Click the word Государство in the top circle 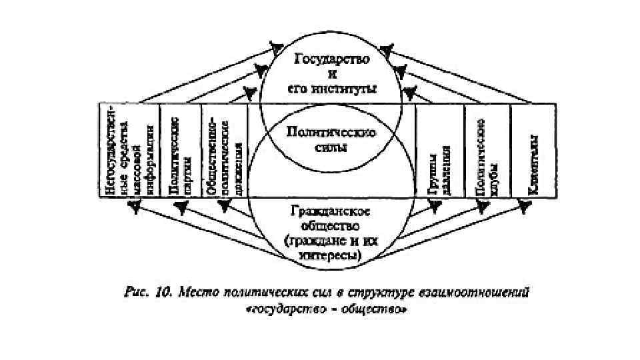click(x=331, y=59)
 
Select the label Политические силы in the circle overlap click(x=331, y=139)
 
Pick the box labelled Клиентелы click(x=533, y=150)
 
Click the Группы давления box click(x=439, y=150)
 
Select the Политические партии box click(x=181, y=150)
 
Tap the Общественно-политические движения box click(x=224, y=150)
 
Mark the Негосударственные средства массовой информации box click(x=129, y=150)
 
